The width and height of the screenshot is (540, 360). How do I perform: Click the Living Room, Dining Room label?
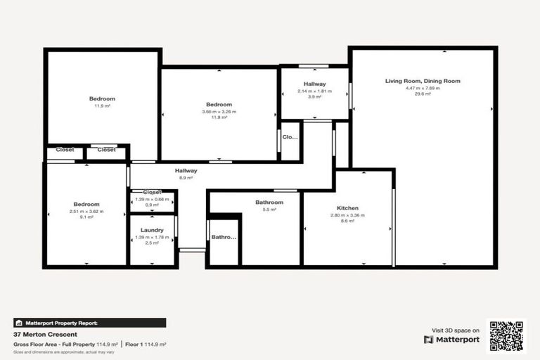tap(423, 81)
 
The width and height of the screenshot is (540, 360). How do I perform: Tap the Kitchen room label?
tap(348, 208)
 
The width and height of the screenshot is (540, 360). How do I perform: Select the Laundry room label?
tap(152, 230)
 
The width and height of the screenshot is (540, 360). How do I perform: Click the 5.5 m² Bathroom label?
tap(269, 202)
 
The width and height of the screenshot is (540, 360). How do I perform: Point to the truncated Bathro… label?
tap(224, 238)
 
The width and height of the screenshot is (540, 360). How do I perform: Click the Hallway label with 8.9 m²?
tap(186, 170)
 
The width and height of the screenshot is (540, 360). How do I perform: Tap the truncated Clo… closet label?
tap(290, 137)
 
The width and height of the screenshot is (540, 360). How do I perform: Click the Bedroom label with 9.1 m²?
tap(86, 204)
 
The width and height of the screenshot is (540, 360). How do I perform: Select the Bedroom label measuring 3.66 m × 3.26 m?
tap(219, 105)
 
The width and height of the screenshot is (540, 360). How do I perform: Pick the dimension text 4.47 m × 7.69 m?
tap(423, 88)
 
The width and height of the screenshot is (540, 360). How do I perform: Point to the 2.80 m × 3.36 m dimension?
tap(348, 215)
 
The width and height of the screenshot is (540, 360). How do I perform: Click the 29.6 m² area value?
tap(423, 94)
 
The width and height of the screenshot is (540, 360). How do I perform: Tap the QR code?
tap(507, 336)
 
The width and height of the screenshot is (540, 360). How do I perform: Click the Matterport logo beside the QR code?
tap(451, 340)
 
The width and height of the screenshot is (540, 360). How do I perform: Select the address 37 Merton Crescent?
tap(44, 335)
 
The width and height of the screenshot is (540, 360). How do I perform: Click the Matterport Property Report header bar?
tap(90, 323)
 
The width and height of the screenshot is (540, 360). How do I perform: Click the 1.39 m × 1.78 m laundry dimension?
tap(152, 237)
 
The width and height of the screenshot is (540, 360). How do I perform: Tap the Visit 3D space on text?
tap(456, 330)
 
